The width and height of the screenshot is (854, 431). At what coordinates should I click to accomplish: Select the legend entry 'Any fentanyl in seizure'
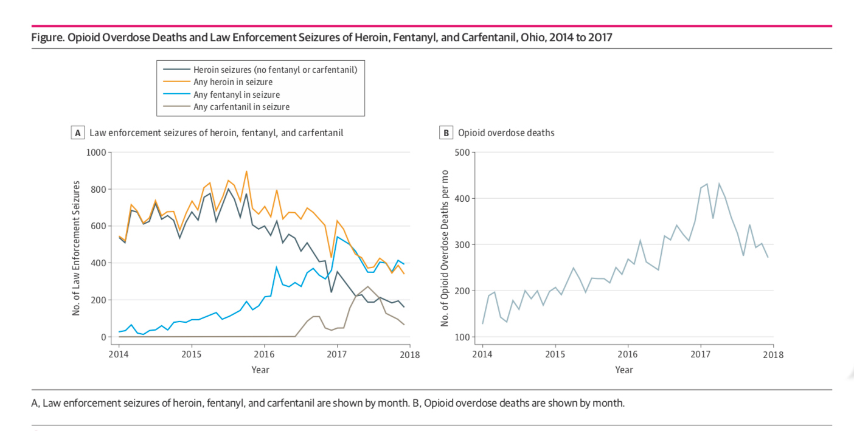236,94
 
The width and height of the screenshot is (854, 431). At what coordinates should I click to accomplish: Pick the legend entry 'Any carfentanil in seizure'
241,107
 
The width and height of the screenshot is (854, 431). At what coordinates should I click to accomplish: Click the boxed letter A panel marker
77,133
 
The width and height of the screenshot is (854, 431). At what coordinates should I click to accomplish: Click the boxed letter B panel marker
446,133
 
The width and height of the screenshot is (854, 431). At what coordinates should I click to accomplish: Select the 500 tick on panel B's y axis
462,152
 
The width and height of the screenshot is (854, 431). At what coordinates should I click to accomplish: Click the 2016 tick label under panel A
264,354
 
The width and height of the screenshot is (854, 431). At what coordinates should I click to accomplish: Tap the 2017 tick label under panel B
701,354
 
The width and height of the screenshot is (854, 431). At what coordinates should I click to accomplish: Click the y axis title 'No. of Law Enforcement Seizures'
77,248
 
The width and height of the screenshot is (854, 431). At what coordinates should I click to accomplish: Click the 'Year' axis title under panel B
623,370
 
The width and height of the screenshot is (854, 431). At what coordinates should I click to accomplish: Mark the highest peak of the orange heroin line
246,171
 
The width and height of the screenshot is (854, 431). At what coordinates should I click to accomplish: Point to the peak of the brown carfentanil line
367,286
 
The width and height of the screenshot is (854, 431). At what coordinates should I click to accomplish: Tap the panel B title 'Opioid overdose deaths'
506,133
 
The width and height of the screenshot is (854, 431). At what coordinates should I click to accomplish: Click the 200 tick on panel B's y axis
462,291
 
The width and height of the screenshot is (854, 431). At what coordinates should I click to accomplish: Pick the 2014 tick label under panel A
119,354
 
